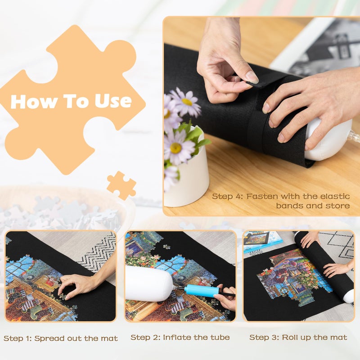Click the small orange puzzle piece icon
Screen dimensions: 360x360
point(121,184)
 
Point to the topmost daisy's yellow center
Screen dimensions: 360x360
point(187,102)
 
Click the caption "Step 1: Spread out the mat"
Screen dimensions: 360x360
point(61,338)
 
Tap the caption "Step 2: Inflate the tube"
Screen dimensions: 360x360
point(180,337)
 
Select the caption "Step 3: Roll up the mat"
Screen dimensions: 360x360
point(298,337)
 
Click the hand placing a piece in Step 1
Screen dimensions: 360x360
point(76,283)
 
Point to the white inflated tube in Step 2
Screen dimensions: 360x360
point(148,283)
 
